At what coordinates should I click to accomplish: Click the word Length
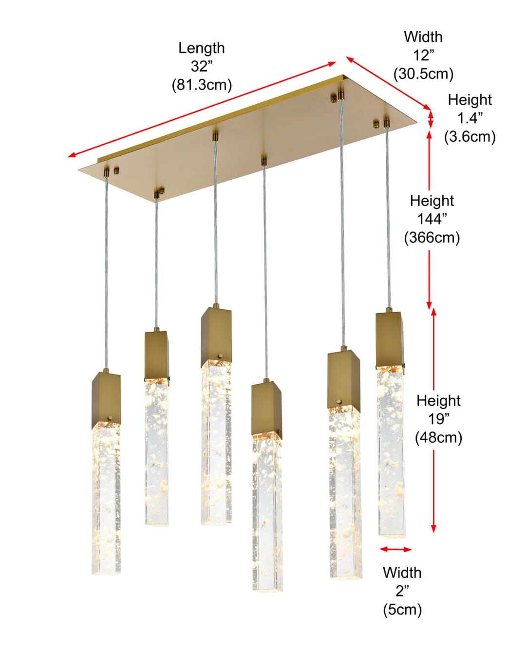coord(201,48)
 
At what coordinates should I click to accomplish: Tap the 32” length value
coord(202,66)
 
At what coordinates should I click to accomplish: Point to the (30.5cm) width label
coord(423,74)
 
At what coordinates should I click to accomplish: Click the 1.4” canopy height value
coord(470,118)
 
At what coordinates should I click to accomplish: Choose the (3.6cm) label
coord(470,136)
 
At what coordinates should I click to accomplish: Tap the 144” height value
coord(432,219)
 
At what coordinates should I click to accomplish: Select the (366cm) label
coord(432,238)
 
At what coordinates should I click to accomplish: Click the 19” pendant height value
coord(438,419)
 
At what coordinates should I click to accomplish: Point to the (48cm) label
coord(438,437)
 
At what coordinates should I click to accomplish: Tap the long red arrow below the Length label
coord(202,110)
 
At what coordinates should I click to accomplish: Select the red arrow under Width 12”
coord(388,83)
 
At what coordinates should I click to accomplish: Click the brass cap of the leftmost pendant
coord(106,401)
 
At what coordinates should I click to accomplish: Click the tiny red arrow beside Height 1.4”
coord(430,119)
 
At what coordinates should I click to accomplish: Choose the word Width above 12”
coord(423,37)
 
